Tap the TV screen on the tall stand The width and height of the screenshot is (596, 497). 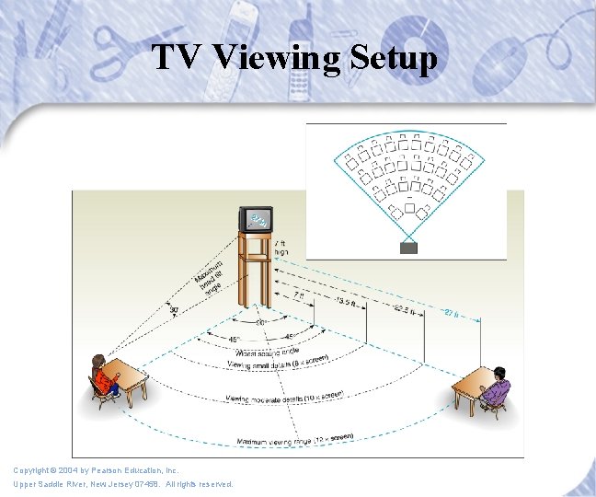257,220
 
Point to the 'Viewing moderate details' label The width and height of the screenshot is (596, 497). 286,398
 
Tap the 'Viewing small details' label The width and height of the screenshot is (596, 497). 279,364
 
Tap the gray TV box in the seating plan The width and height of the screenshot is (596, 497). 408,248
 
